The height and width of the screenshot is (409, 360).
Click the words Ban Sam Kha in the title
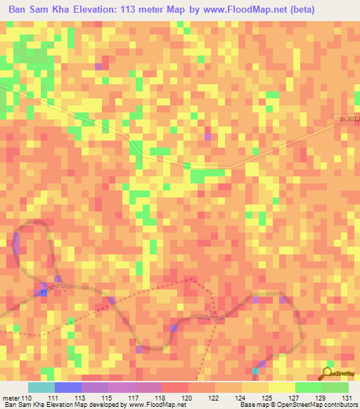[x=40, y=9]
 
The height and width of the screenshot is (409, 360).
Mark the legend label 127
[x=294, y=397]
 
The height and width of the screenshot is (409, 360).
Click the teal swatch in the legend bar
[x=41, y=387]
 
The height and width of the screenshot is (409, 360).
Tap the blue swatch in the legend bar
[x=67, y=387]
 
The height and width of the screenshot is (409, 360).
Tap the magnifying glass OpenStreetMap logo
[x=328, y=372]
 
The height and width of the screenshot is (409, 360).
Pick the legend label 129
[x=321, y=397]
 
